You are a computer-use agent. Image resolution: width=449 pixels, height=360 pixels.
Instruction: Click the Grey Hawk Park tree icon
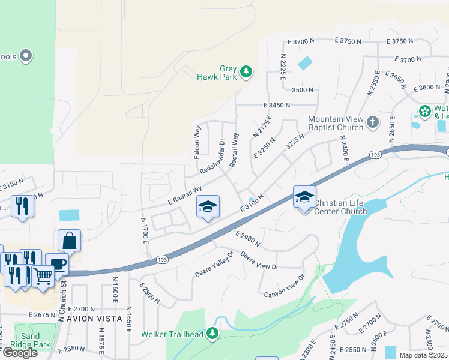[x=246, y=72]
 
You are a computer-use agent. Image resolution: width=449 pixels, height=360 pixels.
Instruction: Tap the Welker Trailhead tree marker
[x=212, y=333]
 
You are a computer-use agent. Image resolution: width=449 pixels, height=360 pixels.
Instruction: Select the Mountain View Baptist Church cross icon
[x=373, y=122]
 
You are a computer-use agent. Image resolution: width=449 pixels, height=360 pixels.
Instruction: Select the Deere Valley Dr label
[x=213, y=265]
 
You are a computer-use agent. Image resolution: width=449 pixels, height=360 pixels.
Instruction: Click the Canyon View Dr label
[x=285, y=286]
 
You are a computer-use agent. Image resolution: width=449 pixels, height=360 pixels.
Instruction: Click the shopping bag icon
[x=70, y=240]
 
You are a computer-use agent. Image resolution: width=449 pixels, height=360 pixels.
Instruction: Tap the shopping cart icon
[x=43, y=276]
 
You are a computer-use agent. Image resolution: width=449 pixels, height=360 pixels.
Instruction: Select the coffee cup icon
[x=57, y=263]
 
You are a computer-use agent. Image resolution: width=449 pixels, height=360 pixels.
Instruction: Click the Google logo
[x=20, y=353]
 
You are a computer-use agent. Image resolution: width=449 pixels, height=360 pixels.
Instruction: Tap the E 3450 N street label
[x=276, y=105]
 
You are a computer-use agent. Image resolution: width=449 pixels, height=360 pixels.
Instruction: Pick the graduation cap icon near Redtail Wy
[x=208, y=207]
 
